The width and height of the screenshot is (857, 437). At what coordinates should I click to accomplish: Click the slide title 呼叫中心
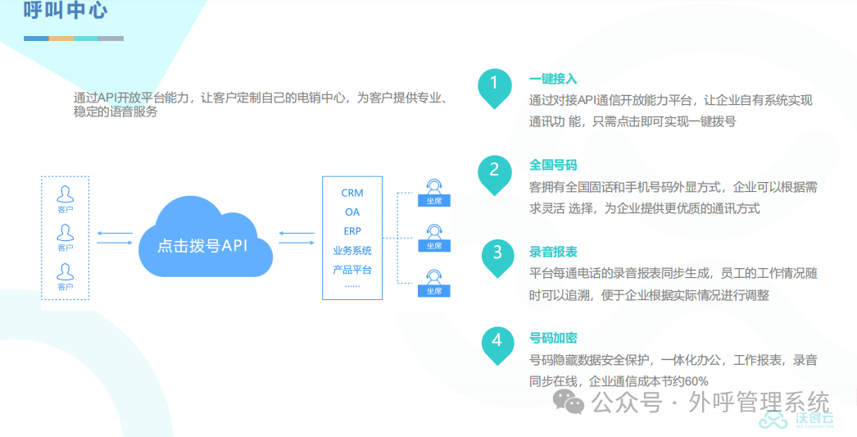(x=66, y=11)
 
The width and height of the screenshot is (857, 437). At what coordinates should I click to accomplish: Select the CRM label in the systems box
(x=352, y=193)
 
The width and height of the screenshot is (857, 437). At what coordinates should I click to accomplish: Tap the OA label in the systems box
(x=352, y=212)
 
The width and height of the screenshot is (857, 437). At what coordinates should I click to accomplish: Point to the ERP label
(x=352, y=231)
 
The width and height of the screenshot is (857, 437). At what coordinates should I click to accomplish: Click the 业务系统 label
(x=352, y=251)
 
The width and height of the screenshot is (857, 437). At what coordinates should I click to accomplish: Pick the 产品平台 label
(x=352, y=270)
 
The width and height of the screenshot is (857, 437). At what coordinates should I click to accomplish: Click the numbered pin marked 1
(x=494, y=84)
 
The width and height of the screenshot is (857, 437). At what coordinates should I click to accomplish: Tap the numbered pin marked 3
(x=497, y=253)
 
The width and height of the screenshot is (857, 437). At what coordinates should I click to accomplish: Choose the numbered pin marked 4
(x=497, y=340)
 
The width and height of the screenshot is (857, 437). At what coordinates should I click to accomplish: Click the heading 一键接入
(x=553, y=80)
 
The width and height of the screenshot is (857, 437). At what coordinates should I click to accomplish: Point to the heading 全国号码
(x=553, y=166)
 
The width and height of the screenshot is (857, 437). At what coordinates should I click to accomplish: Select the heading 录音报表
(x=553, y=253)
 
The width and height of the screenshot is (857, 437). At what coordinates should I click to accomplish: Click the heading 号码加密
(x=553, y=339)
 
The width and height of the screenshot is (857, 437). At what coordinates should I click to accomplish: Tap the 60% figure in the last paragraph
(x=696, y=381)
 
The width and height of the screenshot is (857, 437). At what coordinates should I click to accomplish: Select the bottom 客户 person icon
(x=65, y=275)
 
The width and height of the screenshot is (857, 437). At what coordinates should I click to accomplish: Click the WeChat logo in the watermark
(x=568, y=402)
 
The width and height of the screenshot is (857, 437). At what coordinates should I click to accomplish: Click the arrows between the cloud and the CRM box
(x=297, y=237)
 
